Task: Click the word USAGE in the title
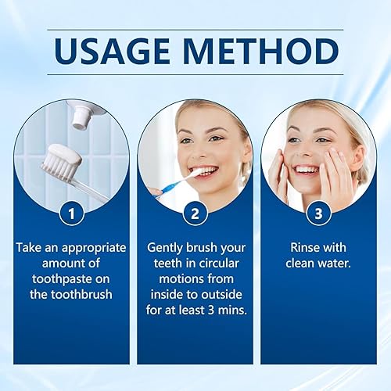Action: coord(119,52)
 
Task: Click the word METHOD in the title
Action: coord(256,52)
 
